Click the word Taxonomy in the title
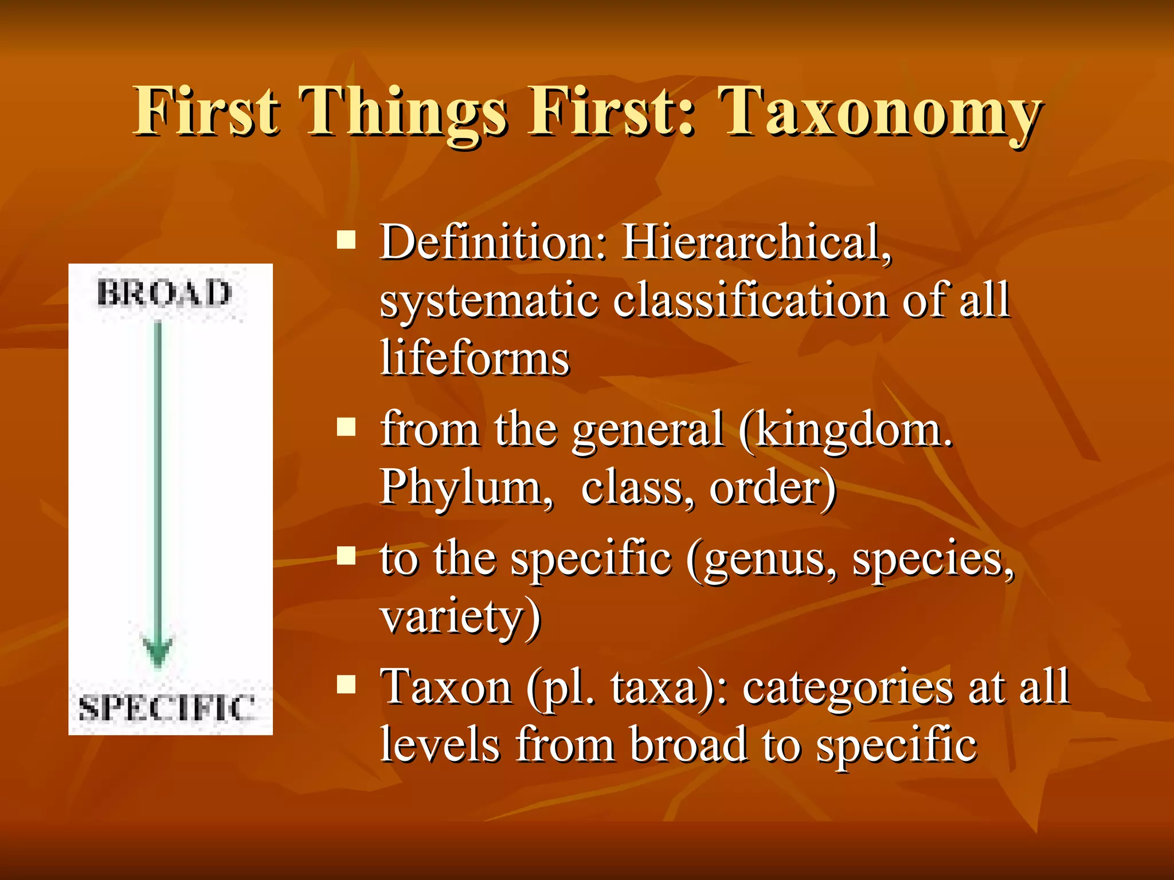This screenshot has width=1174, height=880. point(880,112)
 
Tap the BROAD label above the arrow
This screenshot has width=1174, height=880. point(164,294)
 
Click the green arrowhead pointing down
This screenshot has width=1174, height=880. point(158,650)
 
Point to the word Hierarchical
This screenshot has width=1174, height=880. point(757,242)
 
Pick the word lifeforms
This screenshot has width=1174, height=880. point(475,358)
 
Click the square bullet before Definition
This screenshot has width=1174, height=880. point(346,239)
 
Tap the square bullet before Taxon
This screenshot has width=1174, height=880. point(346,684)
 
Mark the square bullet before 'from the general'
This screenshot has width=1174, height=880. point(346,427)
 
